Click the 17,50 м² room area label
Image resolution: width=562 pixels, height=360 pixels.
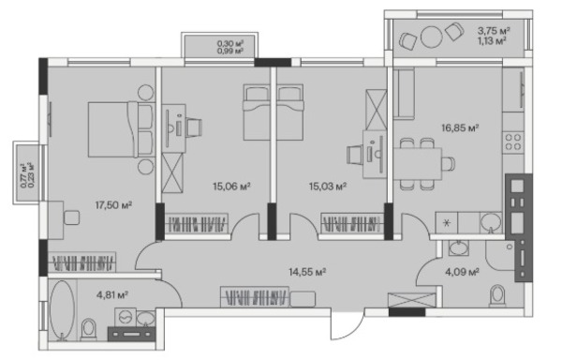coord(113,205)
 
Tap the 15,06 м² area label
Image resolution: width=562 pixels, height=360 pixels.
coord(231,187)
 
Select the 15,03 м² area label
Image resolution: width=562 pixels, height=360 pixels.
coord(327,187)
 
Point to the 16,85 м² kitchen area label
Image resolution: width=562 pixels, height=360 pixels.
coord(460,128)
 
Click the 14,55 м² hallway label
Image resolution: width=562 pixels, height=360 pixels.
coord(307,272)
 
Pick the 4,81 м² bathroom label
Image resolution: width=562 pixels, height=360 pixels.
coord(112,295)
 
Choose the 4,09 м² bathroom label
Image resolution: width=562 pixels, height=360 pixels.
coord(462,272)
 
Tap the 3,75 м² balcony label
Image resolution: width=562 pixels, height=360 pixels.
coord(494,31)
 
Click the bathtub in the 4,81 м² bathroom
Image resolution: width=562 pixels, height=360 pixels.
coord(63,309)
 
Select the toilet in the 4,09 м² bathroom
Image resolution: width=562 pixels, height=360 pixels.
coord(497,295)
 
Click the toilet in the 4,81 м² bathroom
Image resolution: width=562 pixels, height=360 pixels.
coord(88,329)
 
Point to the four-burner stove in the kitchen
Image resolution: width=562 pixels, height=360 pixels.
coord(513,142)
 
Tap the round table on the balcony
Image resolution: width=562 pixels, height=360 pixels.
coord(431,37)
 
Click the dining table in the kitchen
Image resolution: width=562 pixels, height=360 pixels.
coord(418,164)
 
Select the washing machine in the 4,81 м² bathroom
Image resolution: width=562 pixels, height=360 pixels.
coord(125,317)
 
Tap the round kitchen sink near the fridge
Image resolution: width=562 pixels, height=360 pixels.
coord(491,222)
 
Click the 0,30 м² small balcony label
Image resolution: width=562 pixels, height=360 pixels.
coord(230,43)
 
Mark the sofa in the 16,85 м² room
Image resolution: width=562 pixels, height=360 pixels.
coord(404,93)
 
